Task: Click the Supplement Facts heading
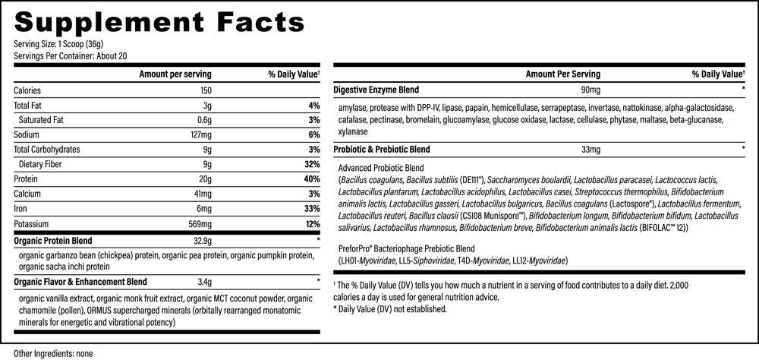pyautogui.click(x=159, y=22)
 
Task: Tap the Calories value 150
pyautogui.click(x=205, y=90)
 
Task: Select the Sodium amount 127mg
pyautogui.click(x=201, y=134)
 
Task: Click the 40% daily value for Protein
pyautogui.click(x=313, y=179)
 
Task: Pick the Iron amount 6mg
pyautogui.click(x=205, y=210)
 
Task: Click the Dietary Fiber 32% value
pyautogui.click(x=313, y=164)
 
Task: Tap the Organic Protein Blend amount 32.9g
pyautogui.click(x=203, y=240)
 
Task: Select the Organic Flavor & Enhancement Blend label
pyautogui.click(x=80, y=282)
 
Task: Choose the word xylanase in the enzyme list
pyautogui.click(x=353, y=132)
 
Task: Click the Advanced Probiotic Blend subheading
pyautogui.click(x=381, y=168)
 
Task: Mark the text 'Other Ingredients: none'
pyautogui.click(x=53, y=354)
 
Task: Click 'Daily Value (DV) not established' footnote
pyautogui.click(x=390, y=308)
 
